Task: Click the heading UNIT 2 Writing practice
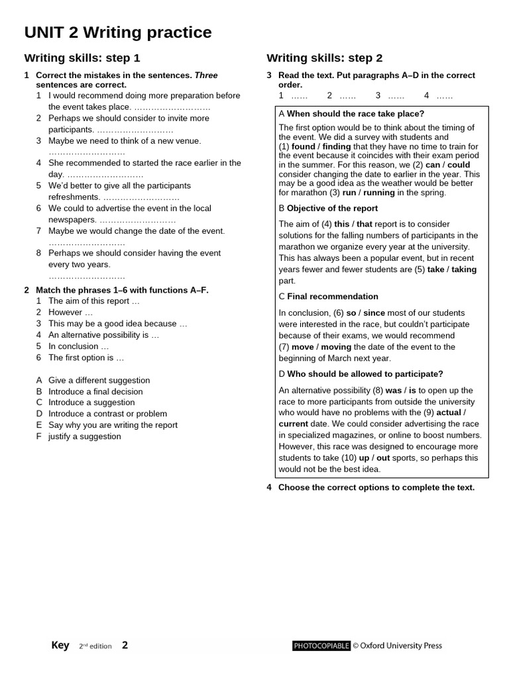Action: (118, 32)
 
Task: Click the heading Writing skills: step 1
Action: (82, 58)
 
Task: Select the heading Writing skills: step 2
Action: (325, 58)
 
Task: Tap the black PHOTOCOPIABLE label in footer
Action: (321, 646)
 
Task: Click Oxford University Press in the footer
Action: (401, 646)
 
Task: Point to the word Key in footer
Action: (60, 646)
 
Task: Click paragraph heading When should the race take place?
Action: (355, 114)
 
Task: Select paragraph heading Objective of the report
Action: (332, 209)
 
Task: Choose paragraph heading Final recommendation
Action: (333, 297)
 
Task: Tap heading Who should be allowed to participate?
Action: (365, 374)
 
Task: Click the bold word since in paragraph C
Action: (374, 313)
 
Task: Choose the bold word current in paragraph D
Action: (294, 424)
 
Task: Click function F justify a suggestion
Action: (84, 436)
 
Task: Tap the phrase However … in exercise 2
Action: (70, 313)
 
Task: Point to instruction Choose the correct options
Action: (376, 487)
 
